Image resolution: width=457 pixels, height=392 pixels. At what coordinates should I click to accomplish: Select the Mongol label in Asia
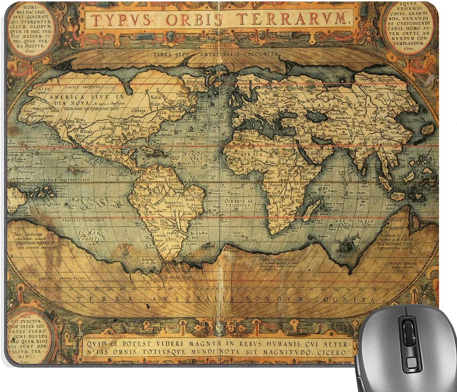pos(386,80)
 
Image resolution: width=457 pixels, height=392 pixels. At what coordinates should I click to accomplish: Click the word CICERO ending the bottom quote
pos(338,353)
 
